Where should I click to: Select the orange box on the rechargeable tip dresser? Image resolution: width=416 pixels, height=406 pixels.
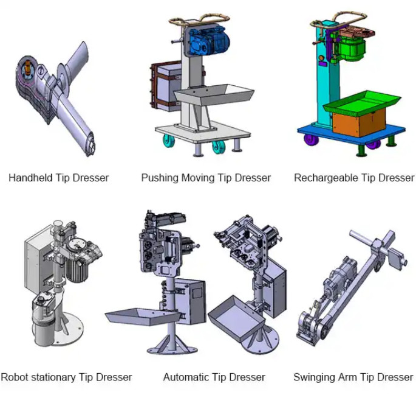359,122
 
